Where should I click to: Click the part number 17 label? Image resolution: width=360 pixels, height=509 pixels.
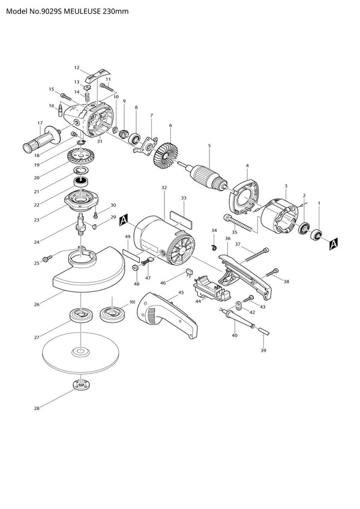point(40,123)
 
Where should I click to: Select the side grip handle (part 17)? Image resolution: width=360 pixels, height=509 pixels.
point(42,140)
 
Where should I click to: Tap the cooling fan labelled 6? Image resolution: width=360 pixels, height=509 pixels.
point(166,156)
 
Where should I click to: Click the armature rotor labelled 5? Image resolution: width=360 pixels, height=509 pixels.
point(208,177)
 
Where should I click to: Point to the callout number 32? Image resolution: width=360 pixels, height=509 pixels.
point(164,188)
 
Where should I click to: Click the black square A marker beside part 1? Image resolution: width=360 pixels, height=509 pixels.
point(334,244)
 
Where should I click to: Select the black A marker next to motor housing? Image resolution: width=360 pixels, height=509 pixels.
point(124,220)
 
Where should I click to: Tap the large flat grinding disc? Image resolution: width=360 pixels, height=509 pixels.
point(80,351)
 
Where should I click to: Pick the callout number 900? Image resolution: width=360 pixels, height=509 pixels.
point(132,302)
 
